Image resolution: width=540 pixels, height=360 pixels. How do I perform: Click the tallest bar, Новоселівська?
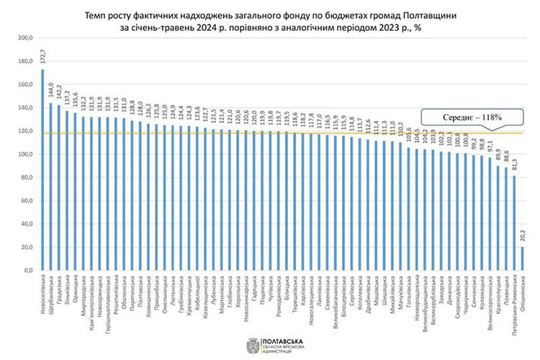tap(42, 170)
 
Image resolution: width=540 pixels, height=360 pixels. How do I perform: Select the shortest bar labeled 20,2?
tap(523, 258)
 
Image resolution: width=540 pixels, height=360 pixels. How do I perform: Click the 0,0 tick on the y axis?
tap(27, 270)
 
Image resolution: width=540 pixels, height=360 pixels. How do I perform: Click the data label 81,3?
tap(515, 164)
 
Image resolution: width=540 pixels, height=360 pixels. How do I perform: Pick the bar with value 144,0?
tap(50, 186)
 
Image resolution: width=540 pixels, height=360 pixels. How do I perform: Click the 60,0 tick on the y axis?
tap(26, 201)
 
